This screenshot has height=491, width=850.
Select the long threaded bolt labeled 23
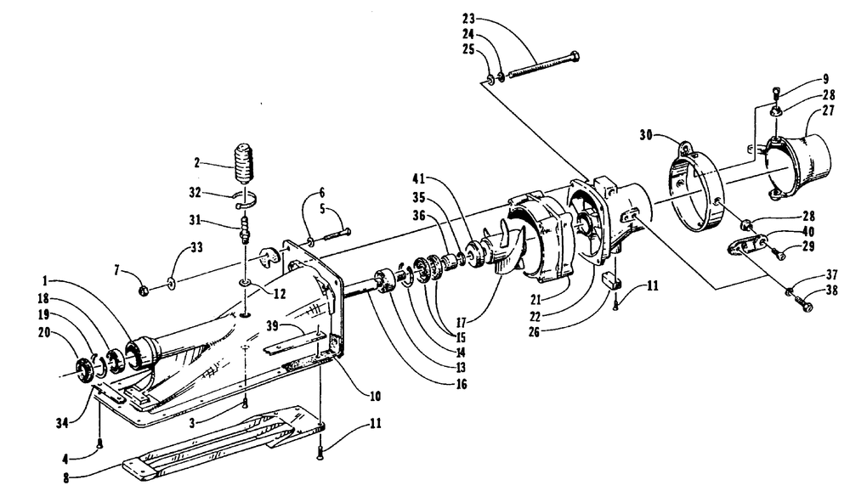coord(542,65)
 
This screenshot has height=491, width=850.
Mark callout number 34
coord(63,422)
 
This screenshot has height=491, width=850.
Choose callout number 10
coord(375,396)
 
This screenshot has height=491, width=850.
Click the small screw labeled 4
coord(99,445)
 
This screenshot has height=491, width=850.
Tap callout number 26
coord(534,331)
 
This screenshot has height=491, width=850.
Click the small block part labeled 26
coord(612,280)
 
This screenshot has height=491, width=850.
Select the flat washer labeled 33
coord(172,282)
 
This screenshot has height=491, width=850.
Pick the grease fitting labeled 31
coord(245,229)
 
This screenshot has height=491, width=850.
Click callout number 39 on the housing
coord(273,325)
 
